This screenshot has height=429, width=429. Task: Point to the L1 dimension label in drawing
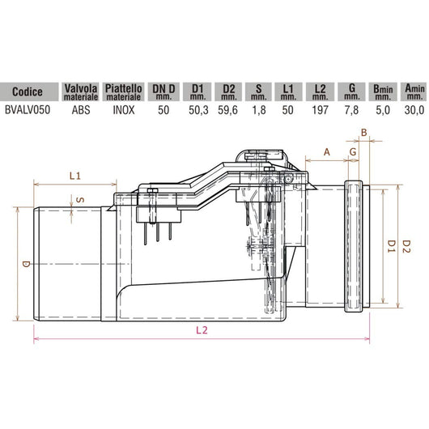75,174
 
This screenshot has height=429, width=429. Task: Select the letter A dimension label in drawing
326,151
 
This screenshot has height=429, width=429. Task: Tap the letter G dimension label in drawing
353,151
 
